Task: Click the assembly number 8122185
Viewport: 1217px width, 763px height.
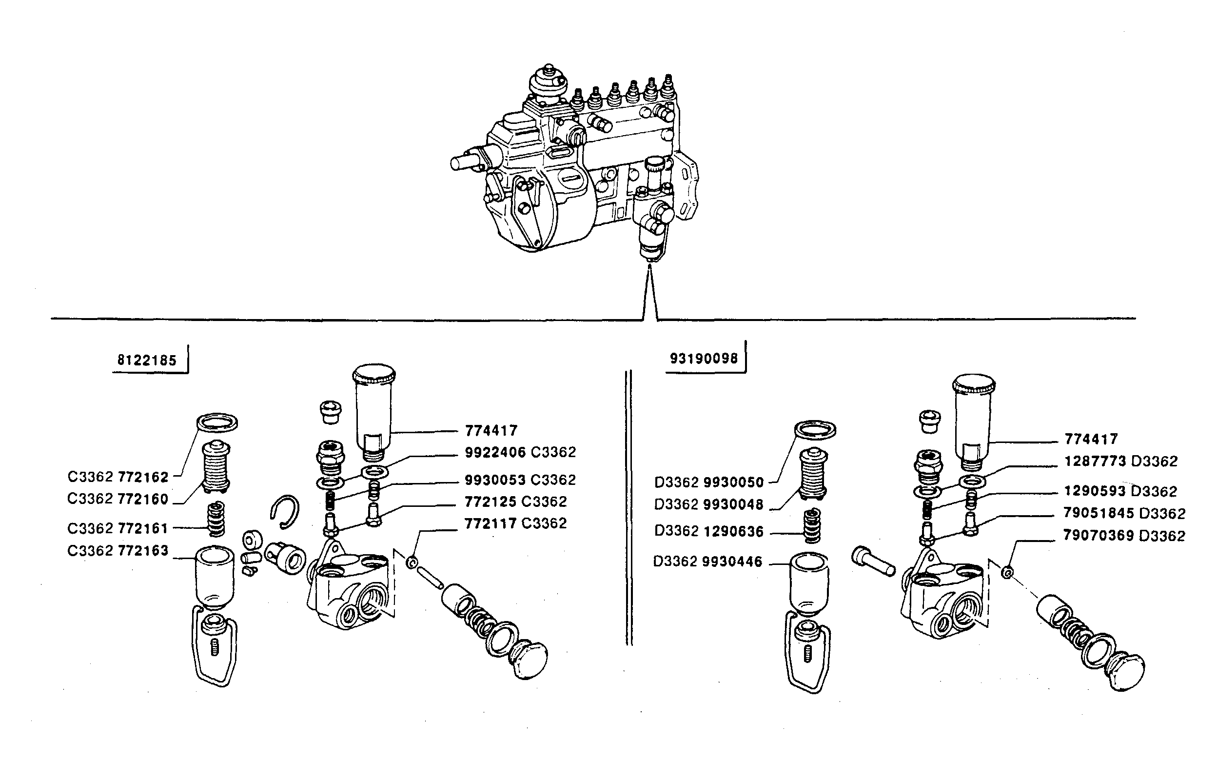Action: click(x=147, y=361)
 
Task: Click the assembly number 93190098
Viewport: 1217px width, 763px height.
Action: click(x=704, y=358)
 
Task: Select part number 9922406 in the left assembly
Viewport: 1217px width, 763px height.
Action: click(x=495, y=452)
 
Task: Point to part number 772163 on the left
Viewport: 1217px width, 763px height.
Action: click(x=143, y=551)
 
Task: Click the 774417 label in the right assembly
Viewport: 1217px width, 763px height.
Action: click(x=1091, y=439)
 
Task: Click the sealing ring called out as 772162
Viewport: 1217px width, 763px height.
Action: click(x=216, y=422)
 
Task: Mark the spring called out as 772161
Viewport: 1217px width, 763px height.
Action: click(x=216, y=520)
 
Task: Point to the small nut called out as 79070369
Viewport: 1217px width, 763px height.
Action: click(x=1006, y=572)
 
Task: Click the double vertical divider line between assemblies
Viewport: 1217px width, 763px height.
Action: click(x=628, y=507)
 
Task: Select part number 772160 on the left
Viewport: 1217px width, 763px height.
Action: click(x=143, y=499)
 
